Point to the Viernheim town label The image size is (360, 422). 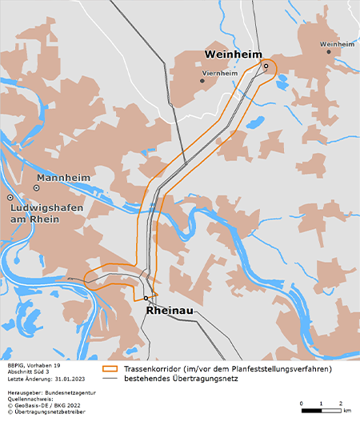221,73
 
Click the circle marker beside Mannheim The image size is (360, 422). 36,187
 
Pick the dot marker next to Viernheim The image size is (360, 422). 202,80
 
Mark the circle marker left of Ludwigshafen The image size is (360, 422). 10,197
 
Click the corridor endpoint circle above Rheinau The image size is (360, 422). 146,298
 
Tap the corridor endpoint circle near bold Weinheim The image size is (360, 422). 266,66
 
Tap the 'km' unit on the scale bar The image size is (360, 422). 346,410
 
